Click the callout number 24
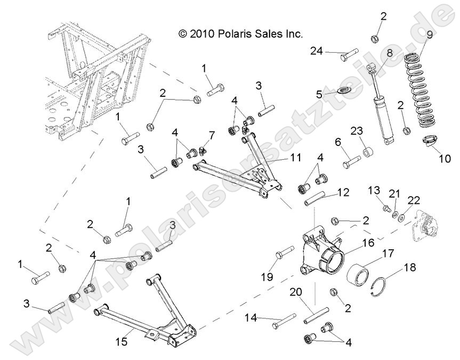pyautogui.click(x=317, y=51)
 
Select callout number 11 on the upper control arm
pyautogui.click(x=296, y=158)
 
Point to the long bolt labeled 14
pyautogui.click(x=283, y=321)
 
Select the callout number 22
pyautogui.click(x=413, y=200)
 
